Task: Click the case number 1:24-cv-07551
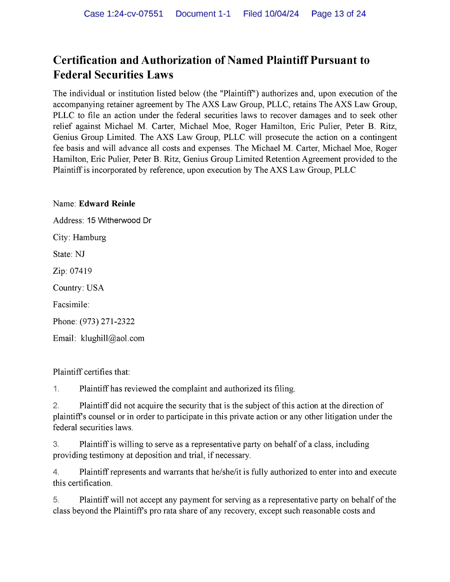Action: (x=134, y=14)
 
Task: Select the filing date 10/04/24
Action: (x=283, y=14)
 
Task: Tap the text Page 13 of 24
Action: (x=338, y=14)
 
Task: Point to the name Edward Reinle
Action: (x=107, y=204)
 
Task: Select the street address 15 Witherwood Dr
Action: (x=119, y=221)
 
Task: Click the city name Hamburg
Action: (x=89, y=237)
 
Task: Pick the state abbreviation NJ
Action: (x=80, y=254)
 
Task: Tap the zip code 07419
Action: (x=81, y=271)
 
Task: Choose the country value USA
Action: (x=95, y=288)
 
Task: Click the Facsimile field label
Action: (x=71, y=305)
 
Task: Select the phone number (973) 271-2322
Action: (x=107, y=322)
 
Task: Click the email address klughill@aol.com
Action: (x=112, y=339)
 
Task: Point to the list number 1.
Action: (x=56, y=389)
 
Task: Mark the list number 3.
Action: (x=56, y=444)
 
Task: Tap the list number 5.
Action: (x=56, y=500)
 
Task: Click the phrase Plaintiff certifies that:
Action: (x=91, y=372)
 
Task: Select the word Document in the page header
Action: (x=203, y=14)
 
